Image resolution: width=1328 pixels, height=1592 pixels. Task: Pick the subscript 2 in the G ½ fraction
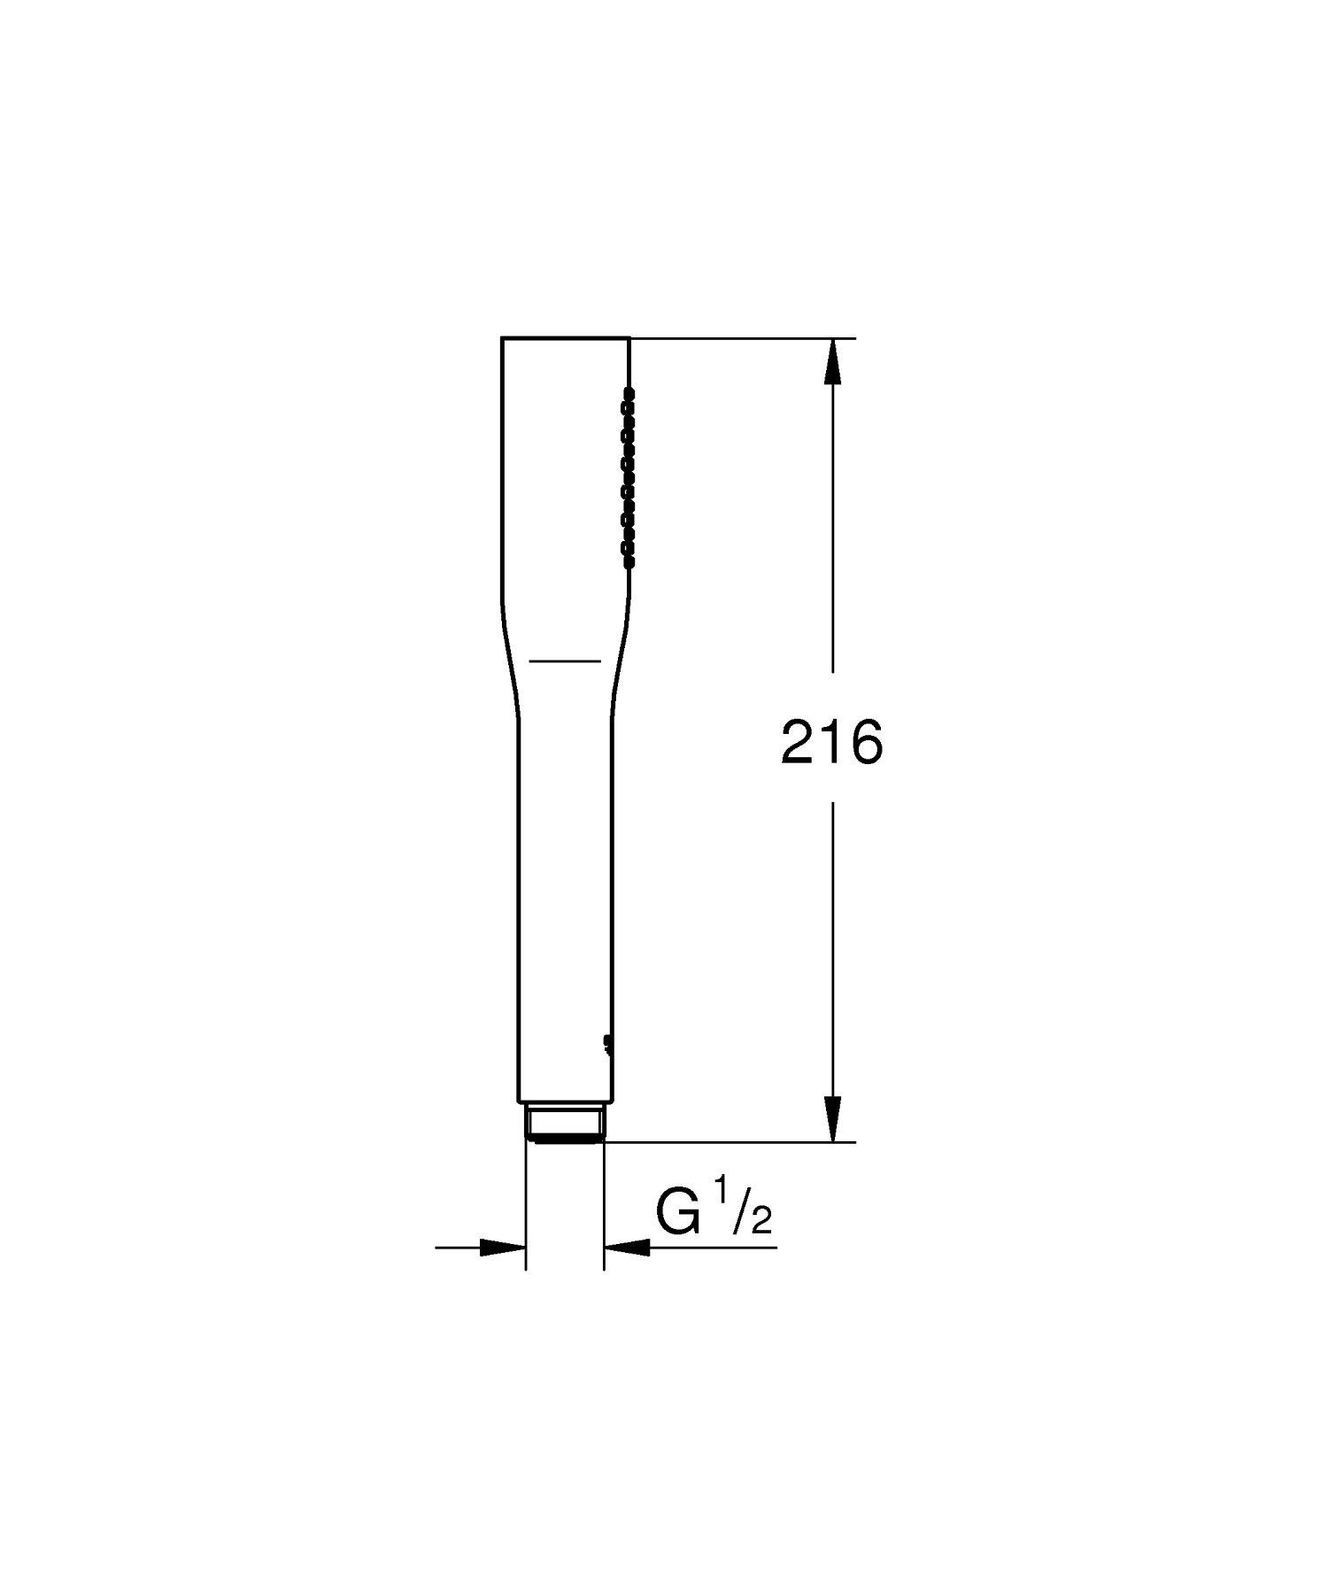click(x=761, y=1221)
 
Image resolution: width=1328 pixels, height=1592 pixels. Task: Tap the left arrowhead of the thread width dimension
click(x=503, y=1248)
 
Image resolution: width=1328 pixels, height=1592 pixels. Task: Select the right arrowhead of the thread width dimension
click(x=627, y=1248)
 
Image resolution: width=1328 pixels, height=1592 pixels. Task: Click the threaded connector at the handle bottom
click(x=565, y=1123)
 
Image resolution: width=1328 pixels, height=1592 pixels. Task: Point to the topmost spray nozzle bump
click(x=630, y=391)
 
